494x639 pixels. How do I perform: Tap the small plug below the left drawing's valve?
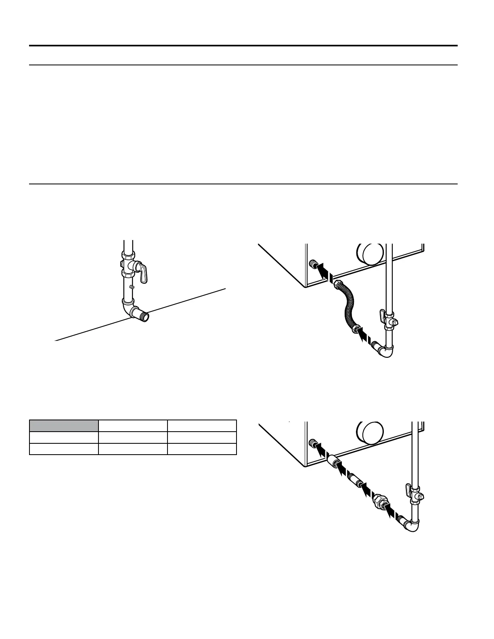point(131,287)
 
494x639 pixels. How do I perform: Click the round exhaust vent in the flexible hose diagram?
point(370,255)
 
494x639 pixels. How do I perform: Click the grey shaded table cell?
point(64,426)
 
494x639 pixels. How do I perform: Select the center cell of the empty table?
point(133,437)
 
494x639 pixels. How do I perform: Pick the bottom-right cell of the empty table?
point(201,449)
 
